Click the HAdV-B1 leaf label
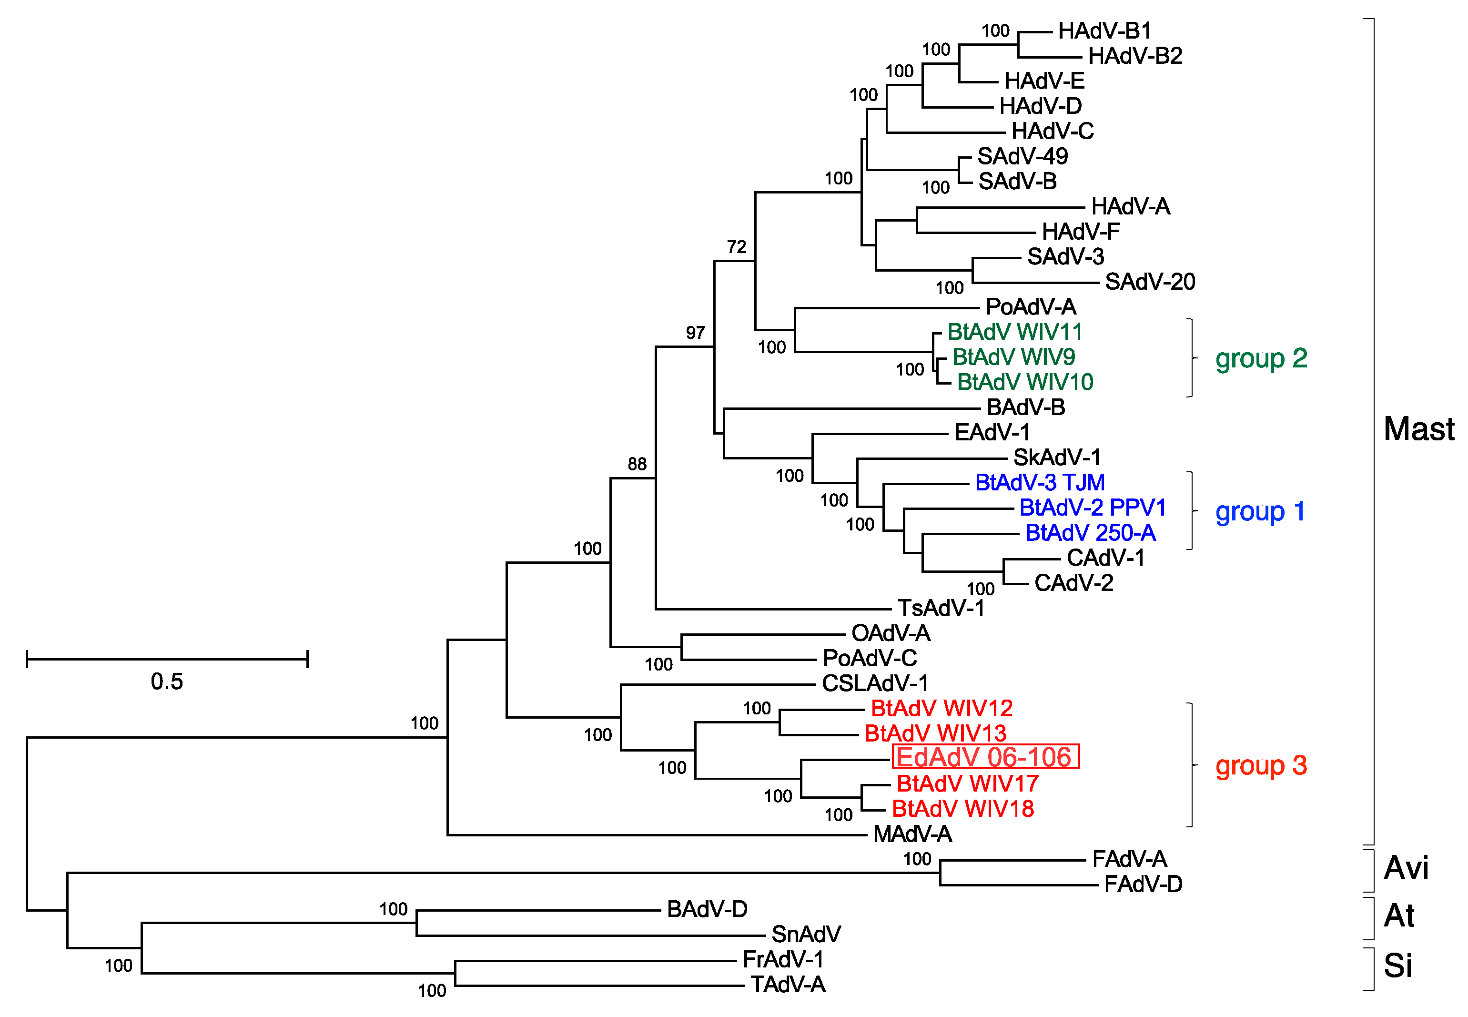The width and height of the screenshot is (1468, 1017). (x=1104, y=31)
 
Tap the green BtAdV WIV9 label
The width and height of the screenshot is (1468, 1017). (x=1013, y=357)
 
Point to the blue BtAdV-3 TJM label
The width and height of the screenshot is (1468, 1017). (x=1040, y=482)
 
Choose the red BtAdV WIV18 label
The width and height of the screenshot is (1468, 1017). (x=963, y=809)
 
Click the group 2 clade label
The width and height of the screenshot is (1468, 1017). (x=1261, y=358)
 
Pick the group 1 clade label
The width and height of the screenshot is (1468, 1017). (x=1260, y=511)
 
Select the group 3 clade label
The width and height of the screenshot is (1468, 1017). (x=1261, y=765)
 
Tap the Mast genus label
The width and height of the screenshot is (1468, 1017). (x=1418, y=429)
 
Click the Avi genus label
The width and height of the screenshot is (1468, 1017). (x=1406, y=868)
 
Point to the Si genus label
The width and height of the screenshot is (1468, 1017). (x=1398, y=966)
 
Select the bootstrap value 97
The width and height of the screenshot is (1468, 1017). (x=695, y=333)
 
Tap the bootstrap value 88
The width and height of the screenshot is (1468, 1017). (x=637, y=464)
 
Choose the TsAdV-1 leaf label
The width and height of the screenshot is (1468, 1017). (x=941, y=608)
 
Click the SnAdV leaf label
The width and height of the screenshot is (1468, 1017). (x=806, y=934)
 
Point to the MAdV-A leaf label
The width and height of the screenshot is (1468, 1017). (x=912, y=834)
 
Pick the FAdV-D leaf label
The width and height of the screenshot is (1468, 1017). (x=1143, y=885)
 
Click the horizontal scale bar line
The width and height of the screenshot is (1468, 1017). (x=167, y=659)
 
